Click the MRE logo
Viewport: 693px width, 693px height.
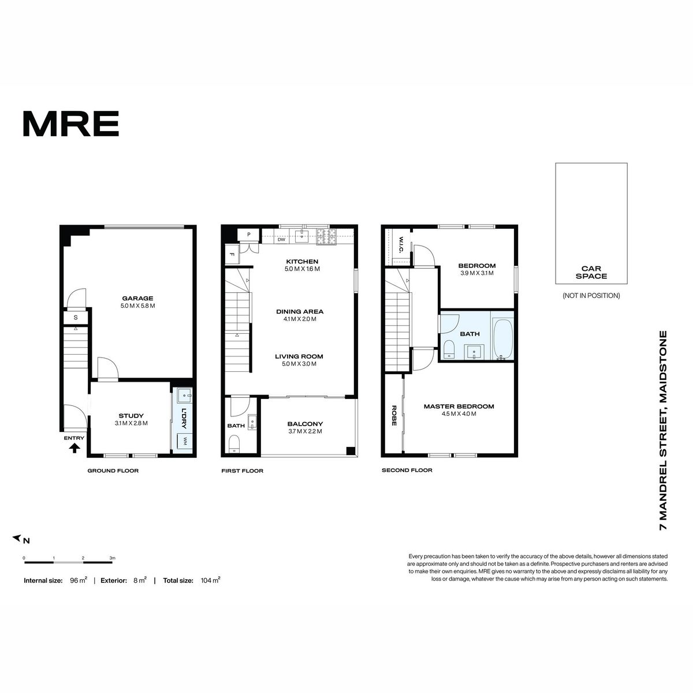(x=71, y=124)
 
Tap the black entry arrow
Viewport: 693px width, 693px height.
(x=74, y=448)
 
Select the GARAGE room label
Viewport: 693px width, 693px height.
(x=138, y=298)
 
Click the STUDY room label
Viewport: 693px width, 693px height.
(x=131, y=416)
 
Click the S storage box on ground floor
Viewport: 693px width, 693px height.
(x=76, y=318)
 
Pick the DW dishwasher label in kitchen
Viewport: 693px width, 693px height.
(x=281, y=240)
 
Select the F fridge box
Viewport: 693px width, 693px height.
(x=232, y=255)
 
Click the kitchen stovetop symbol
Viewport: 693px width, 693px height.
(x=326, y=237)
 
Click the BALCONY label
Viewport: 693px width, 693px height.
(x=305, y=424)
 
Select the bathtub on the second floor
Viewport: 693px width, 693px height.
(x=502, y=339)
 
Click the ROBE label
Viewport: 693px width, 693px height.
(x=394, y=416)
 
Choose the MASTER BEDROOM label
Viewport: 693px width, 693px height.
(x=459, y=407)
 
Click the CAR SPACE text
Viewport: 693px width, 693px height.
(x=591, y=272)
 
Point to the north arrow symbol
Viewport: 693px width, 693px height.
(x=17, y=538)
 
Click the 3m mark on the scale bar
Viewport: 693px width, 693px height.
(x=113, y=558)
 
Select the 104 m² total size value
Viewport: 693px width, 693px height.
(x=210, y=580)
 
